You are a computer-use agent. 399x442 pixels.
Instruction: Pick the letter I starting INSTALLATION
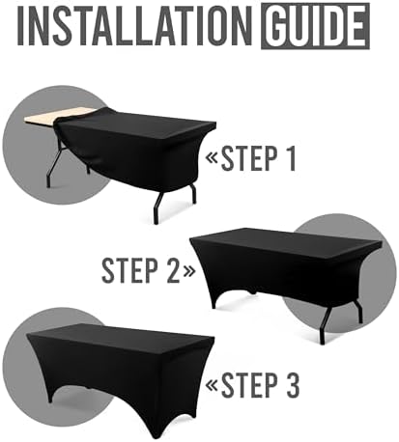[x=24, y=26]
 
